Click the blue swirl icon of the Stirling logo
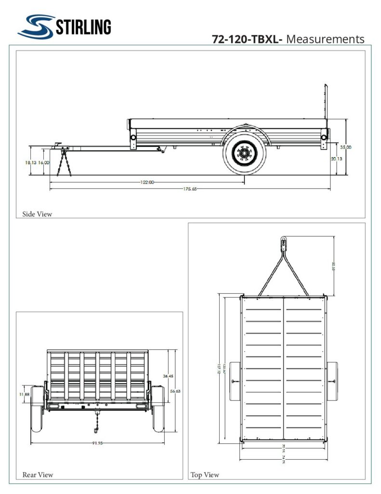pyautogui.click(x=36, y=26)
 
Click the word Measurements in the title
pyautogui.click(x=325, y=39)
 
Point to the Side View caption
pyautogui.click(x=37, y=214)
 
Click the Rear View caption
pyautogui.click(x=38, y=475)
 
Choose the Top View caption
pyautogui.click(x=205, y=475)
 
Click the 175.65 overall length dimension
pyautogui.click(x=189, y=189)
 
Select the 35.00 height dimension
pyautogui.click(x=345, y=147)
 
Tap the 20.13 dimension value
pyautogui.click(x=337, y=158)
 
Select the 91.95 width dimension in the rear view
pyautogui.click(x=97, y=443)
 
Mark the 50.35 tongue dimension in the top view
pyautogui.click(x=333, y=265)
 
